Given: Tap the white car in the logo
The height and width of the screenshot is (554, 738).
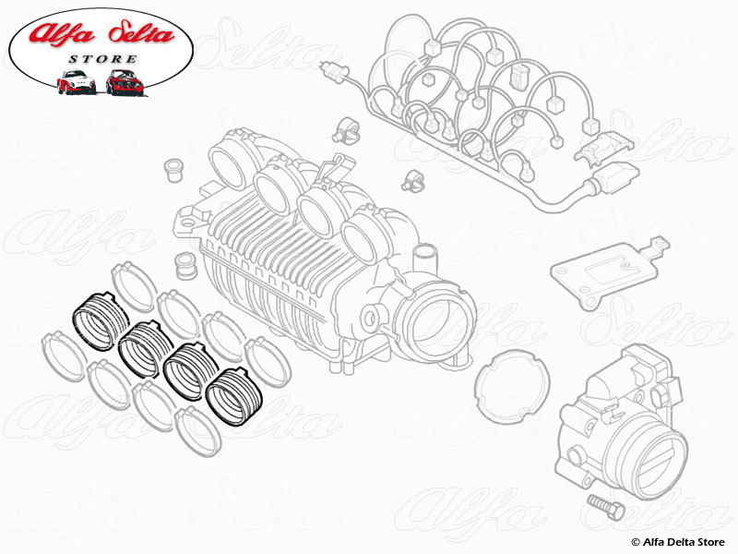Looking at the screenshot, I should pos(77,83).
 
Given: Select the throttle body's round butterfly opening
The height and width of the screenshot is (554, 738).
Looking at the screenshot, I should pos(657,452).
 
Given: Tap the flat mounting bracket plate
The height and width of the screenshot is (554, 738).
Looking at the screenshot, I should pos(604,271).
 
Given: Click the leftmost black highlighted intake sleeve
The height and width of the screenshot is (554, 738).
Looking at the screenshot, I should pos(97,319).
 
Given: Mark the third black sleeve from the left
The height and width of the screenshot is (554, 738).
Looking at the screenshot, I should pos(188,371).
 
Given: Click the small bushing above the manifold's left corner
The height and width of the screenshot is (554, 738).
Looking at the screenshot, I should pos(172,172).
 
